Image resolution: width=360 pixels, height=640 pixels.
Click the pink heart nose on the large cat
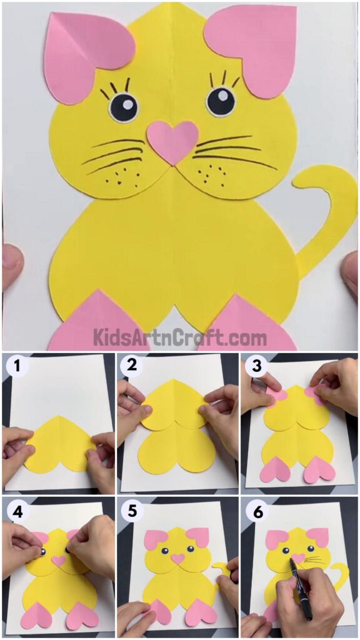(x=172, y=140)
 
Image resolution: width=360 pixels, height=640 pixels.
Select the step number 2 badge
(x=132, y=367)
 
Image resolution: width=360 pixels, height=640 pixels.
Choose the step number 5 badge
(x=132, y=511)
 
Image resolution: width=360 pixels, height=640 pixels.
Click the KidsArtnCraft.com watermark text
(x=180, y=338)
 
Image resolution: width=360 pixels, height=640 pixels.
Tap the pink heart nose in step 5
(x=178, y=559)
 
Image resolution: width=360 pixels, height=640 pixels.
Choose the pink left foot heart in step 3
(x=275, y=471)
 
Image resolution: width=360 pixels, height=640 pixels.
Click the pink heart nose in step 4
(x=59, y=561)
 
